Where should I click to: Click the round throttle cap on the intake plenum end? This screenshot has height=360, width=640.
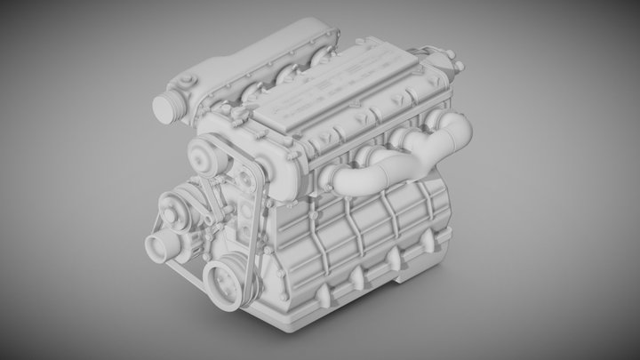pyautogui.click(x=167, y=106)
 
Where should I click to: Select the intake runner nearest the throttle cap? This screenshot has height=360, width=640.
pyautogui.click(x=252, y=91)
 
